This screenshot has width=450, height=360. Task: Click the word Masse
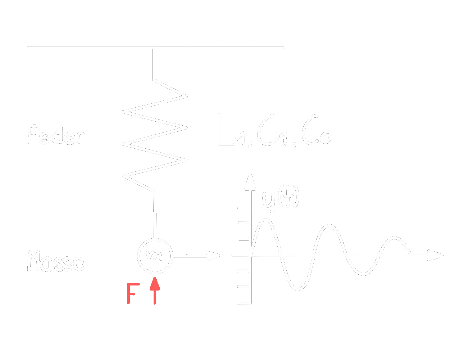coord(56,262)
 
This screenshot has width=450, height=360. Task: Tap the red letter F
coord(131,294)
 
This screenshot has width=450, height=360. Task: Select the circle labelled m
coord(155,256)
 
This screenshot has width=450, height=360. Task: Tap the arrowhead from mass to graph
coord(215,256)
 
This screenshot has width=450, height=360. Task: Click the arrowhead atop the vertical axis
coord(248,179)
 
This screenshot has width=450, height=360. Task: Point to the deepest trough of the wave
coord(298,289)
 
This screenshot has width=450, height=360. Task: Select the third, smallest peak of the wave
coord(396,238)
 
